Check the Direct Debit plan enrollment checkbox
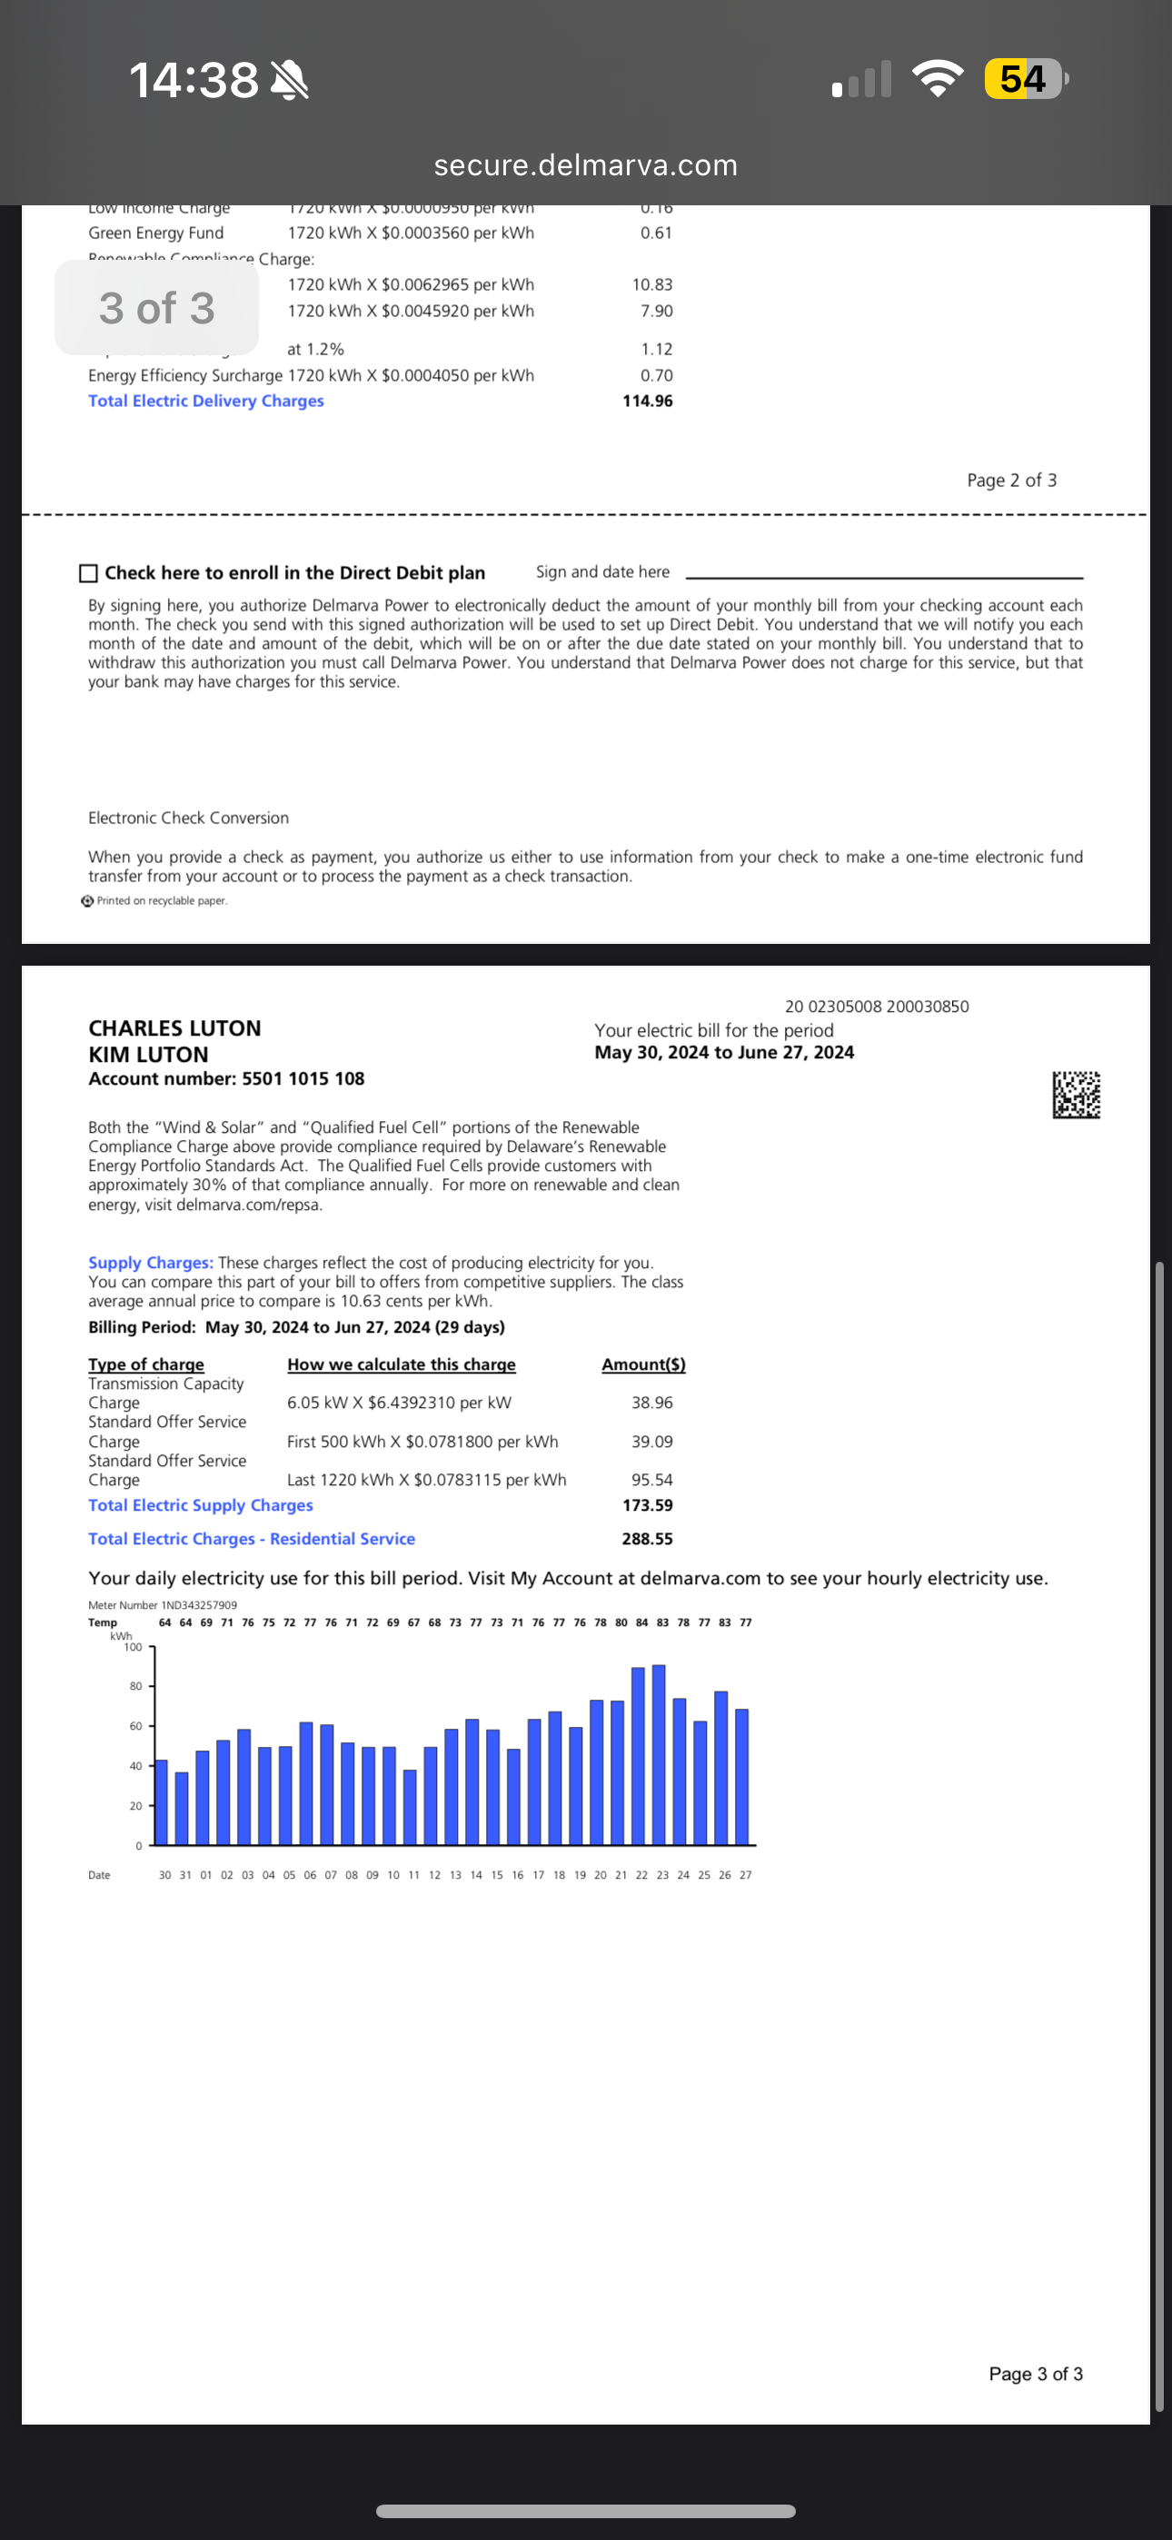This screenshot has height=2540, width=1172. [89, 573]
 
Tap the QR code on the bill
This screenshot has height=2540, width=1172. [1076, 1095]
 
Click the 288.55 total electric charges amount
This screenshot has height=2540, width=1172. [647, 1538]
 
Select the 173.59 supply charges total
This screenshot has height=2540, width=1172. [647, 1504]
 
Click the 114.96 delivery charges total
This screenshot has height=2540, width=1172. [647, 402]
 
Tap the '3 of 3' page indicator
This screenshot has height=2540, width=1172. [157, 308]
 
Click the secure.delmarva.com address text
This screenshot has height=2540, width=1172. [586, 164]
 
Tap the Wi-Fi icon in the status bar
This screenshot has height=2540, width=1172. [938, 79]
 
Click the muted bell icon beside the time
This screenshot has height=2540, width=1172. [289, 80]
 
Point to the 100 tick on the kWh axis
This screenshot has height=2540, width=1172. [134, 1647]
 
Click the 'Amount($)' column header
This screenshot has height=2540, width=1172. [643, 1364]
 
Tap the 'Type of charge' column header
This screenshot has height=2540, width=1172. [146, 1364]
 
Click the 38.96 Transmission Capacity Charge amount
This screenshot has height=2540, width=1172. [652, 1402]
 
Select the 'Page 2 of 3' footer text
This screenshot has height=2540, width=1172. [1011, 481]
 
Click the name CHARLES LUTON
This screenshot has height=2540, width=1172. [174, 1027]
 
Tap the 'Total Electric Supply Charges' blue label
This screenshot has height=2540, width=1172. [200, 1504]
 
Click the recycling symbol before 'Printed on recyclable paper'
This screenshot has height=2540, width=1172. [88, 900]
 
